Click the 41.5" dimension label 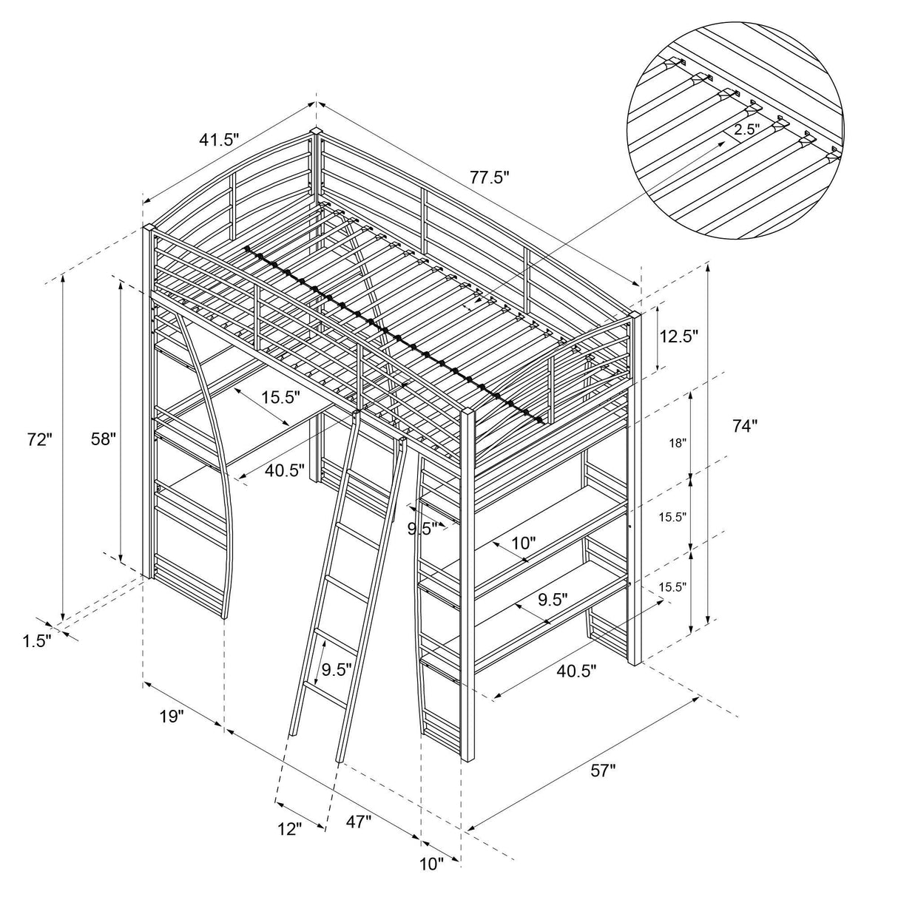click(220, 138)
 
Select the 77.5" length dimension click(490, 177)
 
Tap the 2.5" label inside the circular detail click(746, 129)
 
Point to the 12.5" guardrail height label click(678, 336)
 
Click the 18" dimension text click(678, 443)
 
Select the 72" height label click(38, 439)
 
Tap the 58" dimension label click(104, 439)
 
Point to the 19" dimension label click(171, 716)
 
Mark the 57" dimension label click(603, 771)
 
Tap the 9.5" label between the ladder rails click(337, 670)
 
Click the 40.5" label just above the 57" click(576, 671)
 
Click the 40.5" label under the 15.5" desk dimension click(285, 470)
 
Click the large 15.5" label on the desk click(280, 398)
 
